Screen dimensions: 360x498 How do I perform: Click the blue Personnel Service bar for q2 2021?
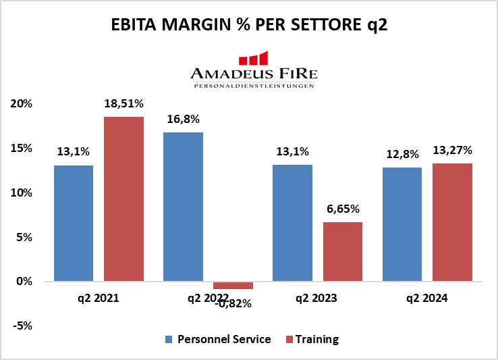pos(74,223)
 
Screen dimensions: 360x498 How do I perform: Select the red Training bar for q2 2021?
pos(123,199)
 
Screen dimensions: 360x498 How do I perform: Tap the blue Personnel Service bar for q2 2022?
pos(183,207)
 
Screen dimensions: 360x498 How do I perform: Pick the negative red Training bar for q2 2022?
pos(233,285)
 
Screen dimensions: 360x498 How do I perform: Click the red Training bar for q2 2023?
pos(343,252)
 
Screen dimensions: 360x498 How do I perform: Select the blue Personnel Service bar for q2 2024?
pos(402,224)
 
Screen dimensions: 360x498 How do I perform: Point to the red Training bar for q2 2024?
pos(452,222)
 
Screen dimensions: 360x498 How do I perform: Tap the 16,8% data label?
pos(183,119)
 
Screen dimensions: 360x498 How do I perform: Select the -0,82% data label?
pos(233,303)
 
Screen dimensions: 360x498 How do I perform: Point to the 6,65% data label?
pos(343,209)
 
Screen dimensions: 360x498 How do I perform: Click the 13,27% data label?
pos(453,150)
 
